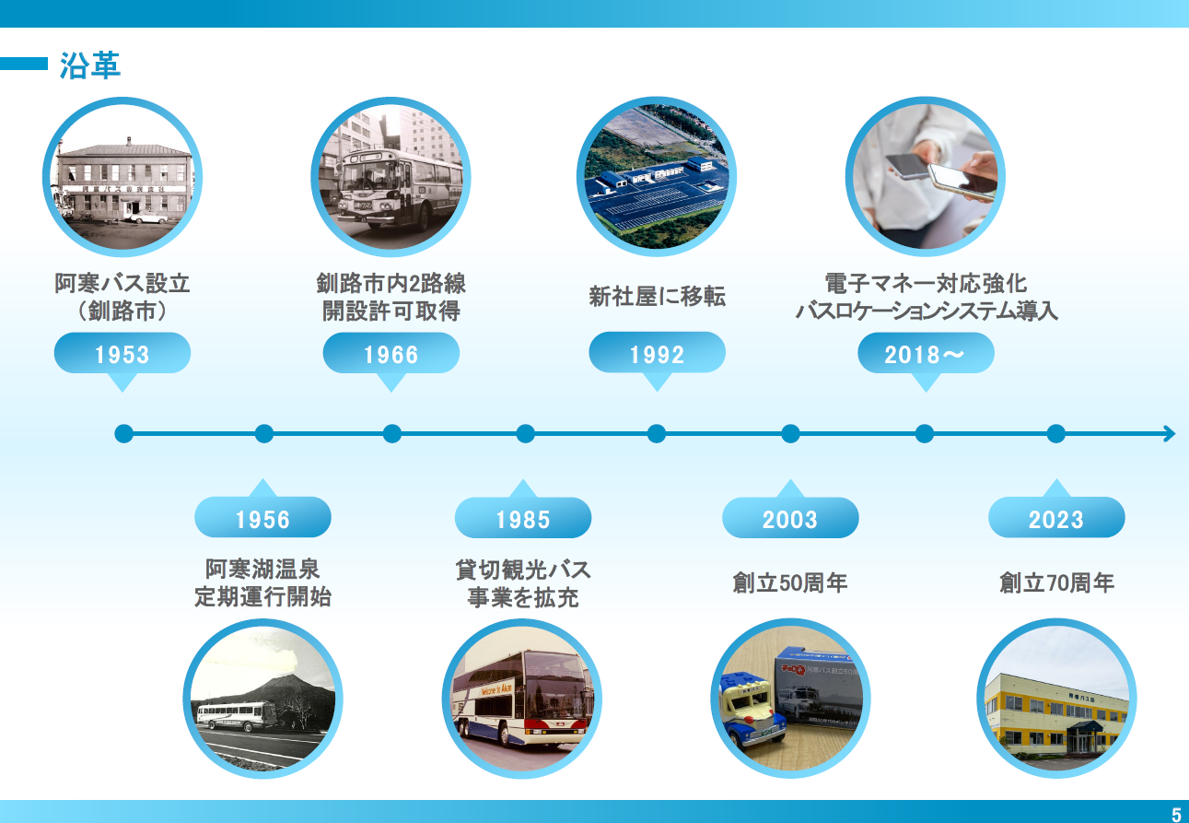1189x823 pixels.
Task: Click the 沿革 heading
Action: click(x=89, y=65)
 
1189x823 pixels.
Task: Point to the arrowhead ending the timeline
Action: click(x=1171, y=433)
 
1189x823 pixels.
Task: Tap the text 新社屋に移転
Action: click(x=658, y=296)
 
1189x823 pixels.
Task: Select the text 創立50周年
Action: click(x=790, y=582)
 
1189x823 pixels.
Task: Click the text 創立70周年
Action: click(x=1056, y=582)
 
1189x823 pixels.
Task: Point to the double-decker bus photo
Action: click(x=522, y=699)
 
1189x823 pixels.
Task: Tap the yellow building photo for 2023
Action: click(x=1056, y=699)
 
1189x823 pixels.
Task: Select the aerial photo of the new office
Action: click(x=657, y=176)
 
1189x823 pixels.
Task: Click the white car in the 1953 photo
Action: click(x=146, y=218)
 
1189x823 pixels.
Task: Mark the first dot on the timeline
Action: click(x=123, y=433)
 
